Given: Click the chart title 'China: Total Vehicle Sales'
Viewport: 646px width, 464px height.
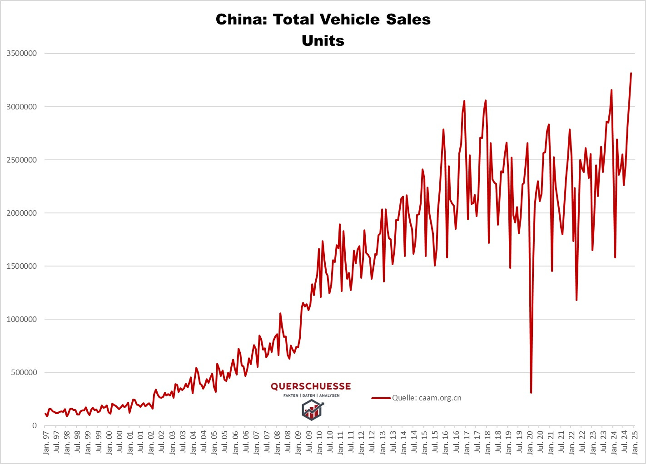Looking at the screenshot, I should [323, 20].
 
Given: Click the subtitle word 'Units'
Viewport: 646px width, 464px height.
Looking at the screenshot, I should [323, 41].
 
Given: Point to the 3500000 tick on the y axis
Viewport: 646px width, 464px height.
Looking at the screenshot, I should [22, 54].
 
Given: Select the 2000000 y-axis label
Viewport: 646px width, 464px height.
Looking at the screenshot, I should [22, 213].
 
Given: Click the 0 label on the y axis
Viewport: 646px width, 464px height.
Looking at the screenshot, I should [34, 426].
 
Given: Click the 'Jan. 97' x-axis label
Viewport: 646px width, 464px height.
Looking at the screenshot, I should [46, 443].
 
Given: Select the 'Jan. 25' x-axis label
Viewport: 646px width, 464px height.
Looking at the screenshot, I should [635, 443].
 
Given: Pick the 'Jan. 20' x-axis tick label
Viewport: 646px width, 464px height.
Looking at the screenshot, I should [530, 443].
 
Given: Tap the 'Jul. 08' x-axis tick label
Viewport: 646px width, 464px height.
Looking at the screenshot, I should [288, 443].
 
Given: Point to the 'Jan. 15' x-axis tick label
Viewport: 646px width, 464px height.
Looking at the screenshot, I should [424, 443].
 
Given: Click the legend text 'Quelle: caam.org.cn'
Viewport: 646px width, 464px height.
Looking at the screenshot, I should [427, 398].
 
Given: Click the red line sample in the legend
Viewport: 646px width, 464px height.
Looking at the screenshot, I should [381, 398].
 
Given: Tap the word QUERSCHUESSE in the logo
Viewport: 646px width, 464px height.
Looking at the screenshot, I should [311, 386].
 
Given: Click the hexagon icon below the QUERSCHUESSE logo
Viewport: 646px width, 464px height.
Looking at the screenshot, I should [311, 410].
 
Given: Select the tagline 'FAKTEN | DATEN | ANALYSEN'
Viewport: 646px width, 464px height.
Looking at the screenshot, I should [311, 395].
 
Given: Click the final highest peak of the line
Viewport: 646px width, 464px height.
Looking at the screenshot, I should [631, 73].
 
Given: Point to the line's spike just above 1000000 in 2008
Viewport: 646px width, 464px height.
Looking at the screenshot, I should [280, 313].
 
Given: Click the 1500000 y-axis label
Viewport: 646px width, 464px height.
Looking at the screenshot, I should [22, 267].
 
